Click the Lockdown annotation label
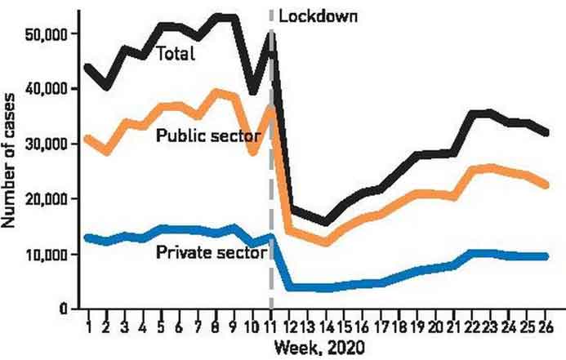tap(318, 16)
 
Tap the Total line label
tap(175, 56)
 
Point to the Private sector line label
tap(211, 252)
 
